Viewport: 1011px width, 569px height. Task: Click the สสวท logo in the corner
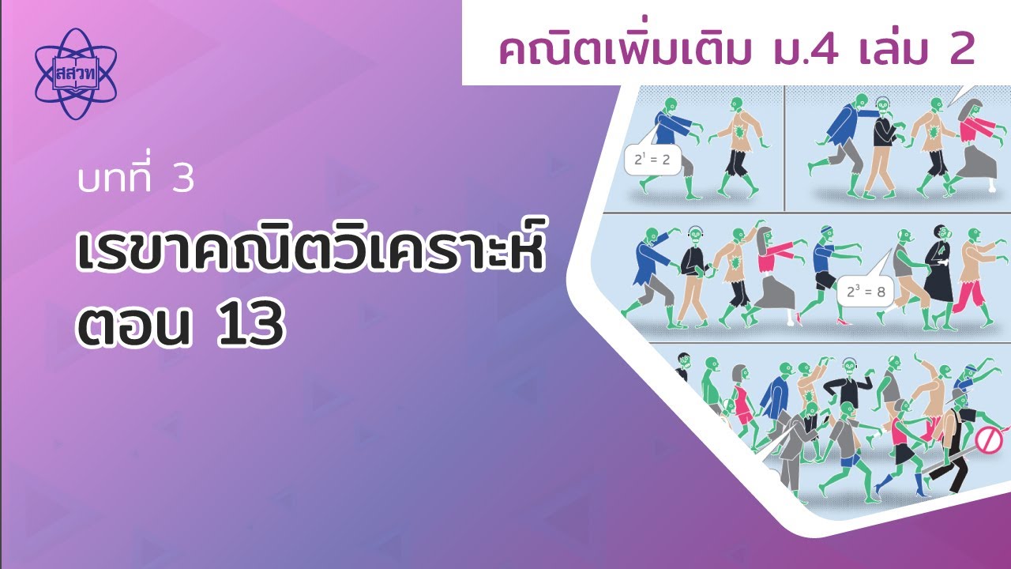[75, 73]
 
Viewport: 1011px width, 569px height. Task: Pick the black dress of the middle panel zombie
[939, 271]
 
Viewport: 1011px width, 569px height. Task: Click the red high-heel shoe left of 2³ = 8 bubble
[799, 320]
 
